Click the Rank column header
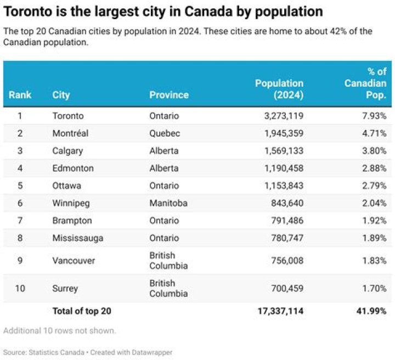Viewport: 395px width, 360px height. tap(20, 95)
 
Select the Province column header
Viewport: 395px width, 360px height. tap(169, 95)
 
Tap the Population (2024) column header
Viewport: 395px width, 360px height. tap(279, 89)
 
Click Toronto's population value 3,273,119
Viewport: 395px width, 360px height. tap(284, 116)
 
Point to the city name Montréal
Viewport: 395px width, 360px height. tap(70, 133)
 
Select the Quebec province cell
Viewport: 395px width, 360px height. tap(165, 133)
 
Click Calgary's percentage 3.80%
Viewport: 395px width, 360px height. tap(374, 151)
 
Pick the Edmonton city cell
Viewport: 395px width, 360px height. tap(73, 168)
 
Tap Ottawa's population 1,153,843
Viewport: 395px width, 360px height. tap(284, 185)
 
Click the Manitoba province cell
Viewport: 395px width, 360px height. tap(168, 203)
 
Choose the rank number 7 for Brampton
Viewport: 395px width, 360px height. tap(20, 221)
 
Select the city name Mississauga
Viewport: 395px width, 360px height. tap(78, 238)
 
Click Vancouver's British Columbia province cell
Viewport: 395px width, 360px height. tap(168, 261)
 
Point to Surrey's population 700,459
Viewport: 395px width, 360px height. tap(287, 288)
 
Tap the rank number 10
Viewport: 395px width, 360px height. tap(20, 288)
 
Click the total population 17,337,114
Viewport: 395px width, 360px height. tap(281, 311)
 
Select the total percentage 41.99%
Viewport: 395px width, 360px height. tap(371, 311)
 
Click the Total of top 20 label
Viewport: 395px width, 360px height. tap(82, 311)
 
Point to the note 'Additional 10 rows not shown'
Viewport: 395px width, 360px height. tap(59, 330)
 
